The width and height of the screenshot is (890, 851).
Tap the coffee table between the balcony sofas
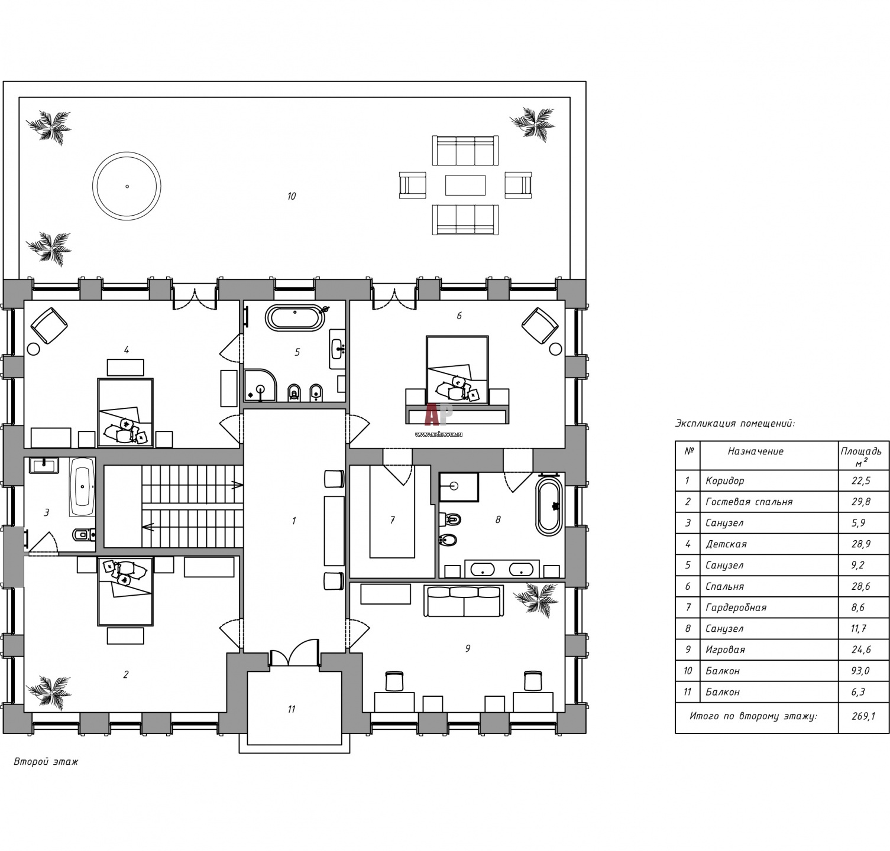[x=465, y=184]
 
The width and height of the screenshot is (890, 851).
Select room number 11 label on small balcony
[x=291, y=709]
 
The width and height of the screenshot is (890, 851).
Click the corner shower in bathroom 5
[x=260, y=386]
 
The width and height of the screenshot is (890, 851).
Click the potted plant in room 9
[x=536, y=599]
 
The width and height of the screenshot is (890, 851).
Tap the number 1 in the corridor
[x=293, y=521]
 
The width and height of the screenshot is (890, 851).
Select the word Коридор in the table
[x=724, y=481]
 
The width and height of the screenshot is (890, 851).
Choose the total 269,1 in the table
[x=863, y=716]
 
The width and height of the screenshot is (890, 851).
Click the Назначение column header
[x=756, y=452]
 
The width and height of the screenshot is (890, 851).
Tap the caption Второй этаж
[x=46, y=762]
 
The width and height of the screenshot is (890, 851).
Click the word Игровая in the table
[x=725, y=649]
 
